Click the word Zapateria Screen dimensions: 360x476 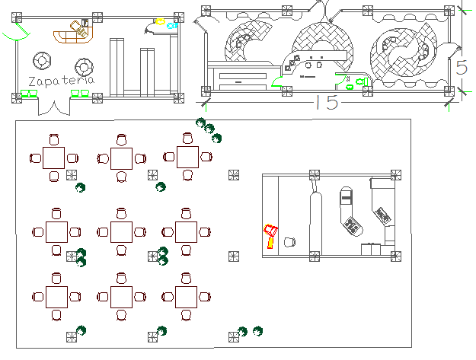(59, 81)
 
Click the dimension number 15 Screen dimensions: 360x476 (325, 103)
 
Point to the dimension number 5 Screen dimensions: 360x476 (462, 67)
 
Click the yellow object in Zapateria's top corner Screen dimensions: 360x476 (161, 22)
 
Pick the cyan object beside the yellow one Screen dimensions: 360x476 (172, 26)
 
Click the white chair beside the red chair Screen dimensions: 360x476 (289, 242)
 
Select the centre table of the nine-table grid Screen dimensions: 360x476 (121, 231)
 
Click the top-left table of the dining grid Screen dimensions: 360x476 (54, 158)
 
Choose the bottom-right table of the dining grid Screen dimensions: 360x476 (187, 297)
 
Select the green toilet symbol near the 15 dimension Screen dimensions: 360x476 (350, 84)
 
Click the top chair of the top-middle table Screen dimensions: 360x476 (120, 139)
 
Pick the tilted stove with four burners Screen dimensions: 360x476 (352, 225)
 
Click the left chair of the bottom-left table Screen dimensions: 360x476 (36, 297)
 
